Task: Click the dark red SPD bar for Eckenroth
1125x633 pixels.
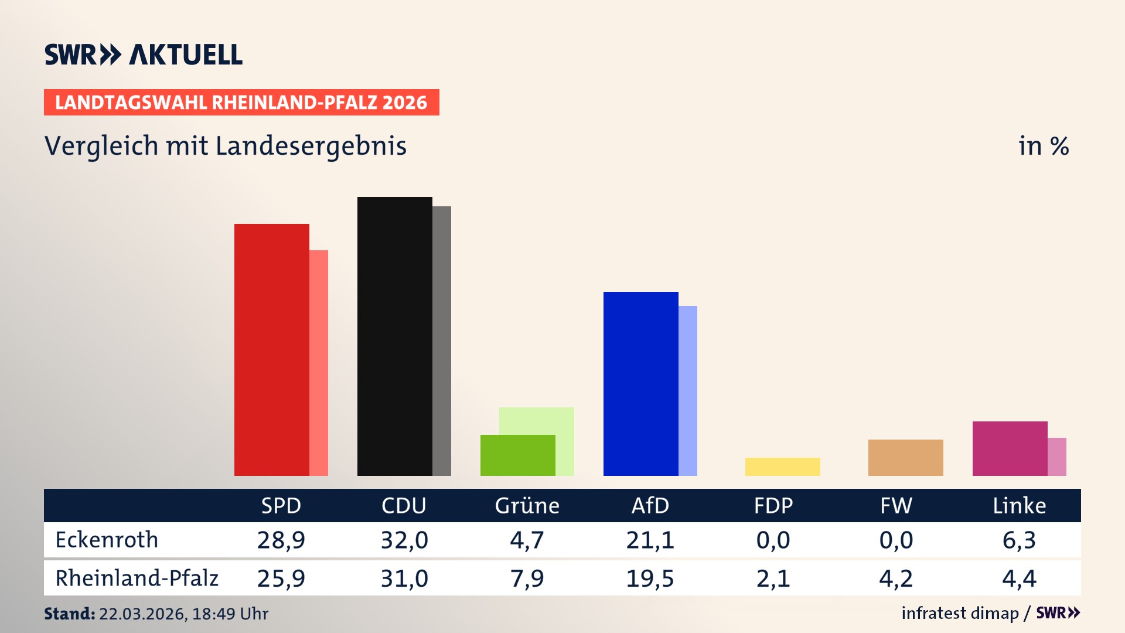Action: pos(271,349)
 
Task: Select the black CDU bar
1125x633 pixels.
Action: pos(394,336)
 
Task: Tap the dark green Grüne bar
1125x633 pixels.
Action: pos(517,455)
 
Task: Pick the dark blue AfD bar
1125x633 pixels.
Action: pos(640,383)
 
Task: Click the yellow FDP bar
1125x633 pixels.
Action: pos(782,467)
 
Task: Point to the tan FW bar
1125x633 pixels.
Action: pos(905,457)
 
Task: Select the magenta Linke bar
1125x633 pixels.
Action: pos(1010,448)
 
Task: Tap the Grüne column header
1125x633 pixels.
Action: pos(527,505)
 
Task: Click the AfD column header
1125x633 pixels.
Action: pos(650,505)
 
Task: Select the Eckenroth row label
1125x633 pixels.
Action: pos(107,540)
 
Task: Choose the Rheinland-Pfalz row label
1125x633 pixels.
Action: pos(137,578)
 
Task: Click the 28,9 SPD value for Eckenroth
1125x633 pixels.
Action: pos(281,540)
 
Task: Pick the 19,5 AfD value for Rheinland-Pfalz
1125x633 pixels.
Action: pos(650,578)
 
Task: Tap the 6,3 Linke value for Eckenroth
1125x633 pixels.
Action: pos(1019,540)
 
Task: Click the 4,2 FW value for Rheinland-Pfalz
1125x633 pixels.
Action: pos(896,578)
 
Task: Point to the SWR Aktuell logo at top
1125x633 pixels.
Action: pos(144,55)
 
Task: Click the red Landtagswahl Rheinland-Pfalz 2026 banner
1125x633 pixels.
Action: pos(241,102)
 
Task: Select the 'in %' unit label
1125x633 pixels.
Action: pos(1043,146)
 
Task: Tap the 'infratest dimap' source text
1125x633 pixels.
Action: pos(960,613)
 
